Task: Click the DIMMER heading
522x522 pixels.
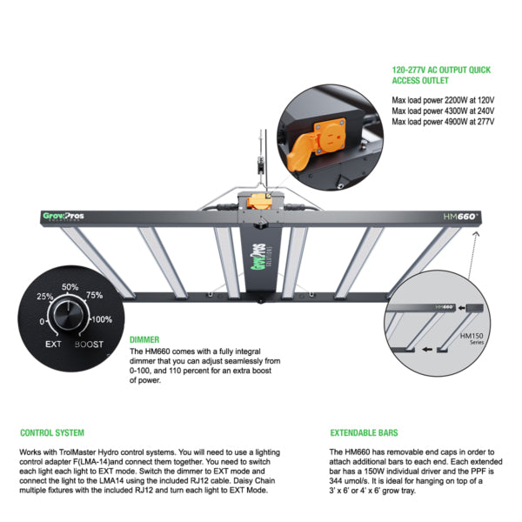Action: [x=144, y=339]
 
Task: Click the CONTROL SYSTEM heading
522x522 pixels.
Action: [x=51, y=432]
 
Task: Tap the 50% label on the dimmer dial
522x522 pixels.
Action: [x=70, y=287]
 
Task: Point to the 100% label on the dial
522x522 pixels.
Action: [x=102, y=320]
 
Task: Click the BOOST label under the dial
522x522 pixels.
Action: [x=90, y=345]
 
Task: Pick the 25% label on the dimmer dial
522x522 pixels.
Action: [x=43, y=297]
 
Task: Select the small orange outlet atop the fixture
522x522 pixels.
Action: [x=258, y=199]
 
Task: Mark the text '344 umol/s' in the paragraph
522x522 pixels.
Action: [x=352, y=481]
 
